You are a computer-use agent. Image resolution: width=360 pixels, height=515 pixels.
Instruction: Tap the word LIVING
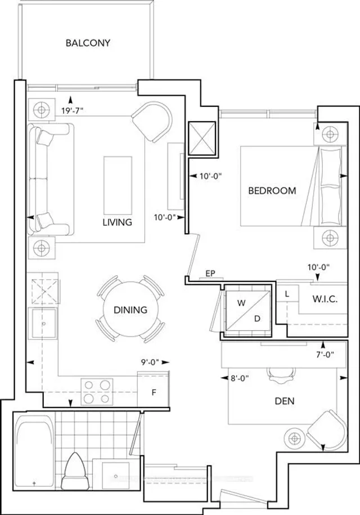coord(117,222)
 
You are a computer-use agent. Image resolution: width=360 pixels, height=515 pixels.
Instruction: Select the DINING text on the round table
coord(130,310)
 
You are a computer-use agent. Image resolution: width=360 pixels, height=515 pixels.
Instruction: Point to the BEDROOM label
coord(272,191)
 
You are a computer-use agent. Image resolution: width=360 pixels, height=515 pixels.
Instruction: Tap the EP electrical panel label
coord(211,274)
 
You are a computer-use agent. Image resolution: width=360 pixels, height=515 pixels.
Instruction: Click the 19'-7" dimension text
coord(73,111)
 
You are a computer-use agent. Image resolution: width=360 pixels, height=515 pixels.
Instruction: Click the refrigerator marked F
coord(154,393)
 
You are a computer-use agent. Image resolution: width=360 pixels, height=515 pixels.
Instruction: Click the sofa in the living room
coord(49,179)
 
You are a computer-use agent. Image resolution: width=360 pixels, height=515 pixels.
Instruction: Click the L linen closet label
coord(287,294)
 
